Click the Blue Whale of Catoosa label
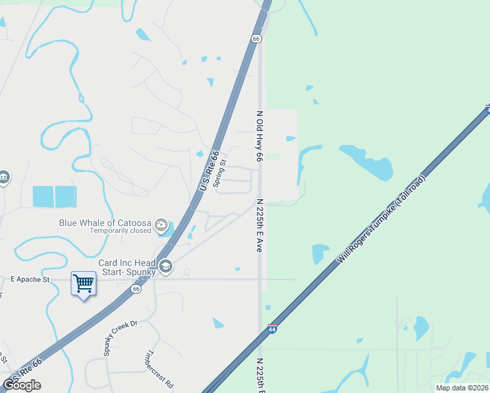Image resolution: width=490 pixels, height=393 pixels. click(x=105, y=222)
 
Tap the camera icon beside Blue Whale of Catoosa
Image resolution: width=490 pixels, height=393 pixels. click(x=161, y=227)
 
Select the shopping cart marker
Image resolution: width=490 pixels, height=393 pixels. click(x=83, y=284)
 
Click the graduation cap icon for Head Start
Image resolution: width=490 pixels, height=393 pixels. click(x=165, y=267)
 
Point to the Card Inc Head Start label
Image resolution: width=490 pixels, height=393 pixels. click(x=127, y=267)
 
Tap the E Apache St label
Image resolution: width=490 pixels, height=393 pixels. click(x=30, y=279)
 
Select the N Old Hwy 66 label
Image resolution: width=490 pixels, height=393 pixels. click(x=259, y=136)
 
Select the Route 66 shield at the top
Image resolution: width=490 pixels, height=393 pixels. click(x=256, y=39)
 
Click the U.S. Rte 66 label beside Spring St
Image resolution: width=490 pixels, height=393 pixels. click(x=209, y=172)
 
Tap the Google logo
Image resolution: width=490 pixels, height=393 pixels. click(x=22, y=385)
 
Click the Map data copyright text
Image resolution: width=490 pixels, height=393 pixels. click(x=462, y=388)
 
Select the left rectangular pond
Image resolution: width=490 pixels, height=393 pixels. click(x=43, y=196)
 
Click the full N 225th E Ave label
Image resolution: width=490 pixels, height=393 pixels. click(x=259, y=226)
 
